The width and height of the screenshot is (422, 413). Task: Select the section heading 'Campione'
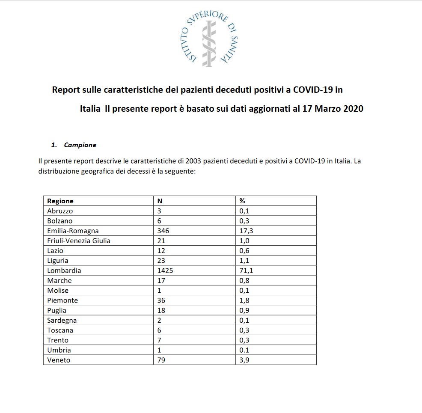point(80,145)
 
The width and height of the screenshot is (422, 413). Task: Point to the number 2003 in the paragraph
point(193,161)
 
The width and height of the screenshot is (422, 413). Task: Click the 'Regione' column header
point(60,201)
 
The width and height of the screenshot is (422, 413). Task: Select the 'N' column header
point(160,201)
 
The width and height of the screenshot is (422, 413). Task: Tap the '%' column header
point(242,201)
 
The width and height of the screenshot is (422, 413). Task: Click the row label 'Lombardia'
point(64,270)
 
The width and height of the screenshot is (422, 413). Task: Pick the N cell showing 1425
point(166,270)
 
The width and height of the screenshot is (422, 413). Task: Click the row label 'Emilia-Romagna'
point(73,231)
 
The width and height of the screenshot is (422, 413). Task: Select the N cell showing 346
point(163,231)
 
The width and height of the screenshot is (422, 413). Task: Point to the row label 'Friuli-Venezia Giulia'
point(79,241)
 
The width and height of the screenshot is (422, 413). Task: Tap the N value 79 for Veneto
point(161,360)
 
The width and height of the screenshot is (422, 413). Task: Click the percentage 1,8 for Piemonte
point(244,300)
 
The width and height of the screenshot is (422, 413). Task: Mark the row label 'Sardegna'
point(63,321)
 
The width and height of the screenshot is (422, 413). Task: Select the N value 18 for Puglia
point(161,310)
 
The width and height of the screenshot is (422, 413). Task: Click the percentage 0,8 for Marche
point(244,281)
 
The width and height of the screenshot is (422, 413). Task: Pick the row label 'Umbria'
point(59,350)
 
